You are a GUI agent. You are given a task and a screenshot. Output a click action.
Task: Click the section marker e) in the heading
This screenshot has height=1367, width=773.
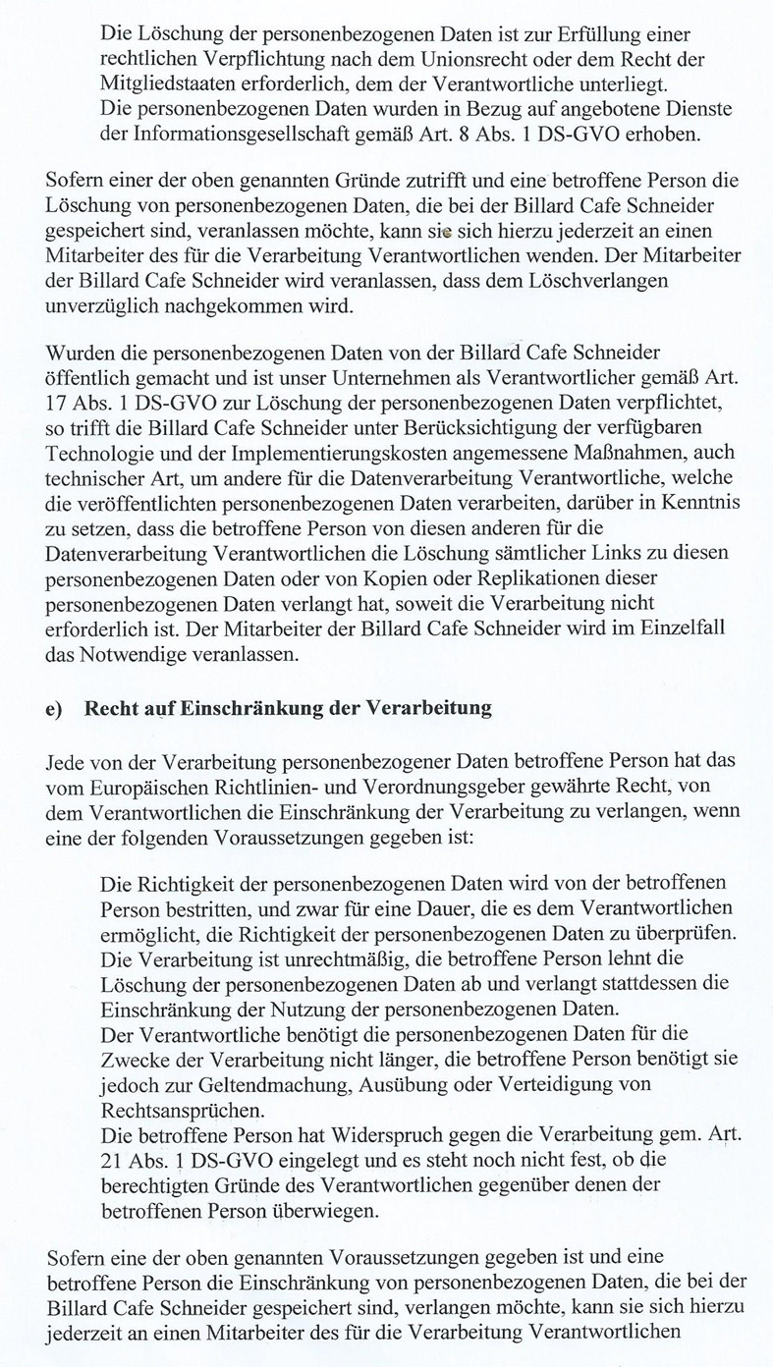55,708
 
